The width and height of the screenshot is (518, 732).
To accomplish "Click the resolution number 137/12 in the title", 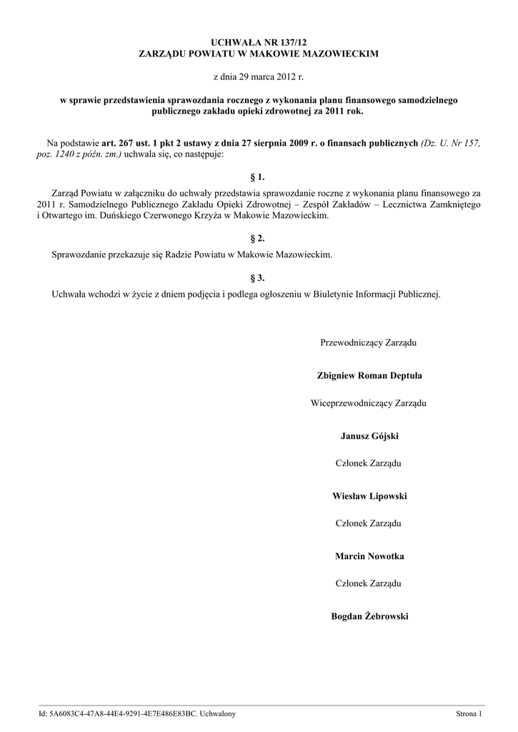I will (x=291, y=44).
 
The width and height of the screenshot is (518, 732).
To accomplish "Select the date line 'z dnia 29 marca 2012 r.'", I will (x=259, y=75).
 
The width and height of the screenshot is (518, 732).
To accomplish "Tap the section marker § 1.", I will (x=259, y=175).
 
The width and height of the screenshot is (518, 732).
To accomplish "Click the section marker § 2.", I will (x=259, y=238).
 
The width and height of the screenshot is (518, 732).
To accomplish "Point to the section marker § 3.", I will (x=259, y=278).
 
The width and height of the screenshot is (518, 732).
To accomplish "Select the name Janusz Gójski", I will (x=369, y=435).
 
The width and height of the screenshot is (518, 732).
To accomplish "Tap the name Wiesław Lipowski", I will (x=369, y=495).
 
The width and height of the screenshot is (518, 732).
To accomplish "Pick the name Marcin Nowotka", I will (x=369, y=555).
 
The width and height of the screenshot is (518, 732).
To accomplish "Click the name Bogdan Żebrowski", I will (x=369, y=615).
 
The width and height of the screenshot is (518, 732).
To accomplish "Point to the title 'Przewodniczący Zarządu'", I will (x=369, y=343).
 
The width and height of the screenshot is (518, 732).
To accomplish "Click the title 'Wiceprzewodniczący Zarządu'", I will (x=369, y=403).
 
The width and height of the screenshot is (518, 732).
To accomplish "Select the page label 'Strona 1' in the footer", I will (x=469, y=713).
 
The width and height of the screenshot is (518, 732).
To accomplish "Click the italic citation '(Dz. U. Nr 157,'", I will (x=450, y=143).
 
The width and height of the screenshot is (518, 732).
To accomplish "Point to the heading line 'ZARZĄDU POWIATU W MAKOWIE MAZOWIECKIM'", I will (x=259, y=54).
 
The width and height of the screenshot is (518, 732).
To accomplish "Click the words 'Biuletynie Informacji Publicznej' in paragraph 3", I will (x=377, y=294).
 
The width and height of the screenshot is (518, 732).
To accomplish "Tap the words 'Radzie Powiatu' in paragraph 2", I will (x=187, y=254).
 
